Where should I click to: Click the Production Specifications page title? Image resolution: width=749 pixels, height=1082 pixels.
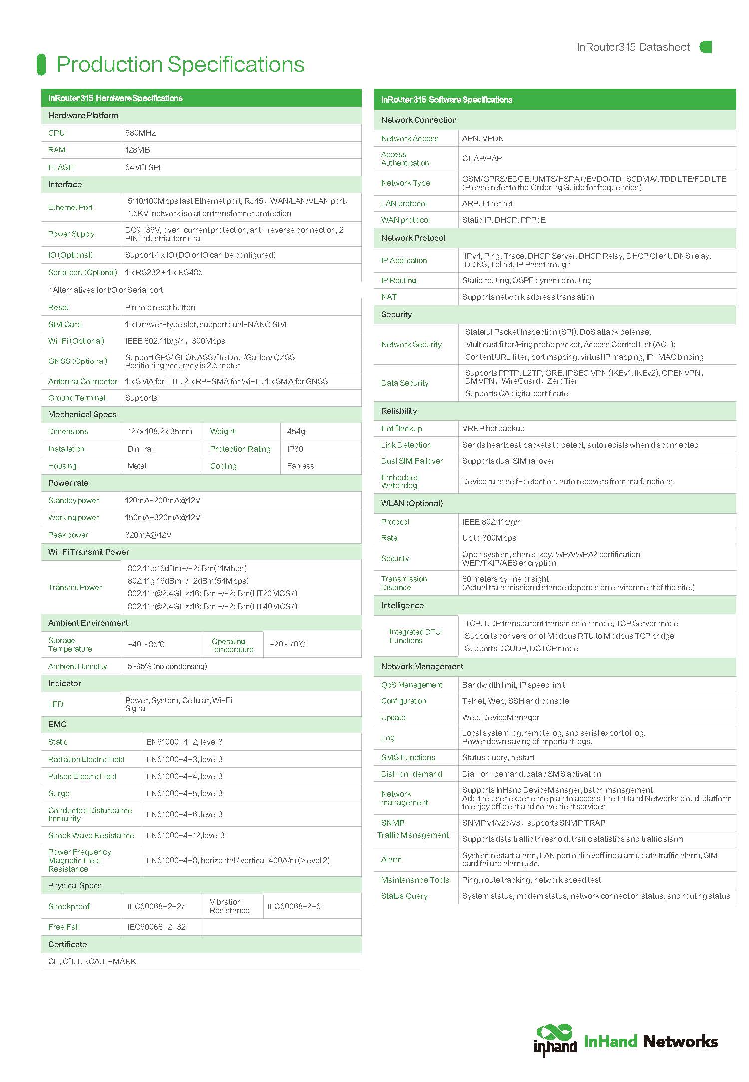coord(180,64)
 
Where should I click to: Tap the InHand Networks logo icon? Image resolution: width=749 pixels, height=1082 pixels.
coord(555,1040)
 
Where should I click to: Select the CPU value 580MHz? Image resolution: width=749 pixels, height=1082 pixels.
coord(140,133)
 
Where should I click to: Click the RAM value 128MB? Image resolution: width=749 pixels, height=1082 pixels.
coord(137,150)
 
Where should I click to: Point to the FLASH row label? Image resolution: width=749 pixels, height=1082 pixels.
coord(61,168)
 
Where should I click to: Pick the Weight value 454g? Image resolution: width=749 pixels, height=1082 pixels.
coord(296,432)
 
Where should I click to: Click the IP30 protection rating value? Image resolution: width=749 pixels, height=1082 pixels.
coord(295,449)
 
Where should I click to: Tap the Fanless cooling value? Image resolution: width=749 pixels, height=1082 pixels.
coord(300,466)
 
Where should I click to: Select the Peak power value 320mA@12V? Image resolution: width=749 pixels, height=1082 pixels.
coord(148,535)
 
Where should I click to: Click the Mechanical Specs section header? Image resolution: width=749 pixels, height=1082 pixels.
coord(82,415)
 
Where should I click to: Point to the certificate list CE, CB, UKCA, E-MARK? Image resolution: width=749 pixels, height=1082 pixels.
coord(92,962)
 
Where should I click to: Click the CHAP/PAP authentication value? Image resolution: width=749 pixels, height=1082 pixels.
coord(482,159)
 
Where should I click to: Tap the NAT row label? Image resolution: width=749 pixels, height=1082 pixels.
coord(389,297)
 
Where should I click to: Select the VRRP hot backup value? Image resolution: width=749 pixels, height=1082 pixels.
coord(493,429)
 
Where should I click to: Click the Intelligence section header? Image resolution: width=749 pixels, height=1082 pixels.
coord(402,606)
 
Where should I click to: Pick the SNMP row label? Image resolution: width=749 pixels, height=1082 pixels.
coord(393,823)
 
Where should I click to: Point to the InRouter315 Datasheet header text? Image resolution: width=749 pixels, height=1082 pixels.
coord(633,47)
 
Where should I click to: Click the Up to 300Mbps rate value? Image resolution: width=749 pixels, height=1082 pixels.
coord(489,538)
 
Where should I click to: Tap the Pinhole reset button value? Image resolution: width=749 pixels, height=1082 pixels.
coord(160,308)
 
